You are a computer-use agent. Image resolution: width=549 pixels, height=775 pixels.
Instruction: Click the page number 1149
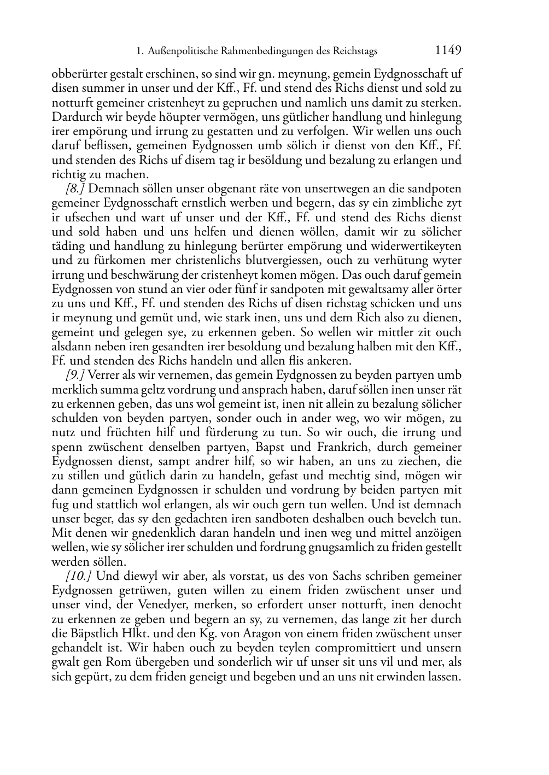[x=448, y=51]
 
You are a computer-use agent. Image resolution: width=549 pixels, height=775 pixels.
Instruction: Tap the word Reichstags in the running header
[x=352, y=52]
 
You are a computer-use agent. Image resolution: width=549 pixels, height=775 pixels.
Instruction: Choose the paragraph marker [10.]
[x=78, y=576]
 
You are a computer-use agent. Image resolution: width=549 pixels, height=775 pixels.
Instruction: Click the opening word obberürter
[x=80, y=74]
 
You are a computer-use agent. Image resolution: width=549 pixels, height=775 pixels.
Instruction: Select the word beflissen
[x=107, y=146]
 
